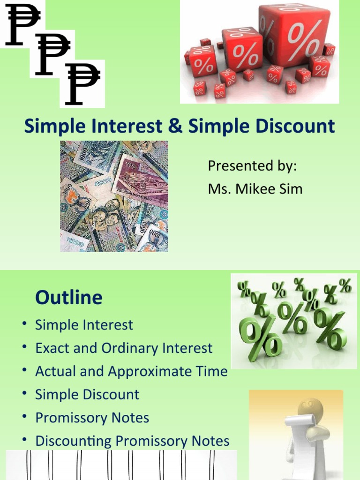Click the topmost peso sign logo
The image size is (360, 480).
tap(22, 24)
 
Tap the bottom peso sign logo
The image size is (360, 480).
tap(82, 83)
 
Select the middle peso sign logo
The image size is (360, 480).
tap(52, 54)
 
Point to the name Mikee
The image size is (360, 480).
tap(259, 189)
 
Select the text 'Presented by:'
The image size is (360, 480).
tap(252, 166)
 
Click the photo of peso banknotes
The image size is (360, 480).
tap(114, 196)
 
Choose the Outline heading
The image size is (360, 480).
tap(68, 298)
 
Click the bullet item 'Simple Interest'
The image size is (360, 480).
tap(84, 325)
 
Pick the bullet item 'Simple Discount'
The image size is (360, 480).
tap(87, 395)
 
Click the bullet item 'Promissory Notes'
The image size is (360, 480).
tap(92, 418)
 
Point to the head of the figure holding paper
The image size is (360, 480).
tap(310, 407)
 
